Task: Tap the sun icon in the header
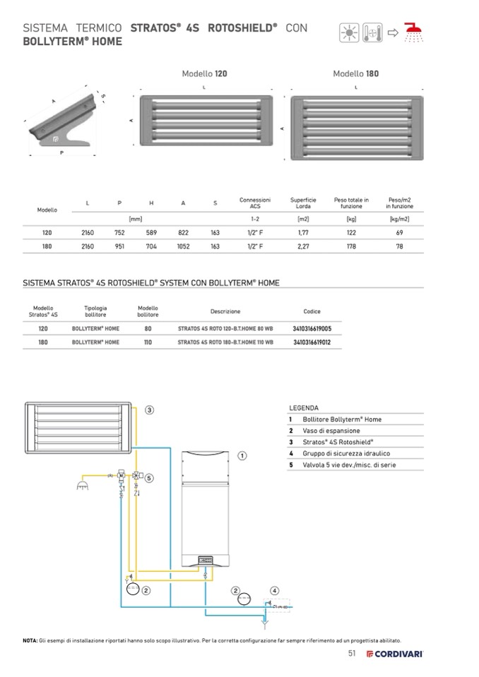[348, 32]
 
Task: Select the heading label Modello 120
[204, 73]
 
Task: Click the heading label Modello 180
[356, 73]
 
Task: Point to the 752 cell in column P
[120, 232]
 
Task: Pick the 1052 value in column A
[184, 246]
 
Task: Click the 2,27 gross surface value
[303, 246]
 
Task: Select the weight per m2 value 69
[399, 232]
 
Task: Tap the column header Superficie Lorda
[303, 203]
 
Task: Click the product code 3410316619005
[312, 329]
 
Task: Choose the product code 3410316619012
[312, 342]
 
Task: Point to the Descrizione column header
[225, 311]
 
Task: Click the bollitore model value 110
[148, 342]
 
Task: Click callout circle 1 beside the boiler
[242, 456]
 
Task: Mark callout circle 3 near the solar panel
[150, 409]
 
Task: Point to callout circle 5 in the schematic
[149, 478]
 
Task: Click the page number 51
[352, 653]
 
